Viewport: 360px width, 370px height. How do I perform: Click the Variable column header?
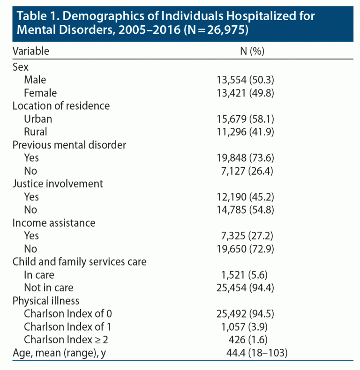[30, 51]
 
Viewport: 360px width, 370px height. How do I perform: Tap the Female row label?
[40, 93]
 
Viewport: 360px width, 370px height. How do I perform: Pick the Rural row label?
[36, 132]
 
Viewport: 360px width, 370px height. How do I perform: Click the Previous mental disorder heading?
[69, 145]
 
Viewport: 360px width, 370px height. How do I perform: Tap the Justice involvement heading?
[58, 184]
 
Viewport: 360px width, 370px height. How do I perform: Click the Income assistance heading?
[54, 222]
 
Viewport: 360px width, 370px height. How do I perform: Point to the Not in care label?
[49, 288]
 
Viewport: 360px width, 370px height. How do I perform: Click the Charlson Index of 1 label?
[67, 326]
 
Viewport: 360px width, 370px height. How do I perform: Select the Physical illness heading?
[46, 300]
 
